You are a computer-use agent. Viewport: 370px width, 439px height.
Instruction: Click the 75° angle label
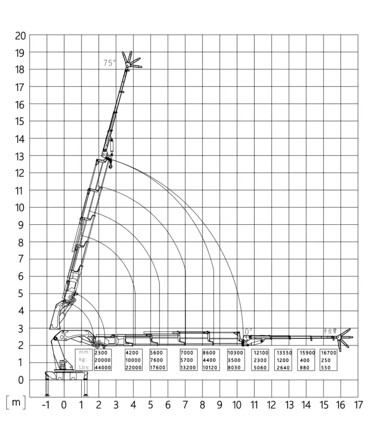[x=110, y=63]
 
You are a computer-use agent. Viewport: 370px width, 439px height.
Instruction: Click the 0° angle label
[x=248, y=330]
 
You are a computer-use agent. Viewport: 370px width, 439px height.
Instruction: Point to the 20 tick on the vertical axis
[x=19, y=35]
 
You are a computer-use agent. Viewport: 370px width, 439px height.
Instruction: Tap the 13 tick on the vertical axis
[x=19, y=156]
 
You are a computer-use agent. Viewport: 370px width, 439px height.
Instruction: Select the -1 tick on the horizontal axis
[x=46, y=405]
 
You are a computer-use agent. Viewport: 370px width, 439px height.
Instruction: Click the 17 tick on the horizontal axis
[x=358, y=405]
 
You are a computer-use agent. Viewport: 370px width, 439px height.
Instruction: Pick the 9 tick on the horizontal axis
[x=220, y=405]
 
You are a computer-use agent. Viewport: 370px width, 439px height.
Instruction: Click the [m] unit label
[x=16, y=402]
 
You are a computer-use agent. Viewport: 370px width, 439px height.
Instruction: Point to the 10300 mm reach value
[x=236, y=353]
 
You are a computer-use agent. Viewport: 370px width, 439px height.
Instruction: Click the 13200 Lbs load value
[x=189, y=367]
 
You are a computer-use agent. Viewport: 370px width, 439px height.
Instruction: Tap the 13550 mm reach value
[x=284, y=353]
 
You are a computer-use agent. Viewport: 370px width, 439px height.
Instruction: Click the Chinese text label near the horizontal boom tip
[x=330, y=330]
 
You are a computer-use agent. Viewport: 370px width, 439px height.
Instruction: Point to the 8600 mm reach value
[x=209, y=353]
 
